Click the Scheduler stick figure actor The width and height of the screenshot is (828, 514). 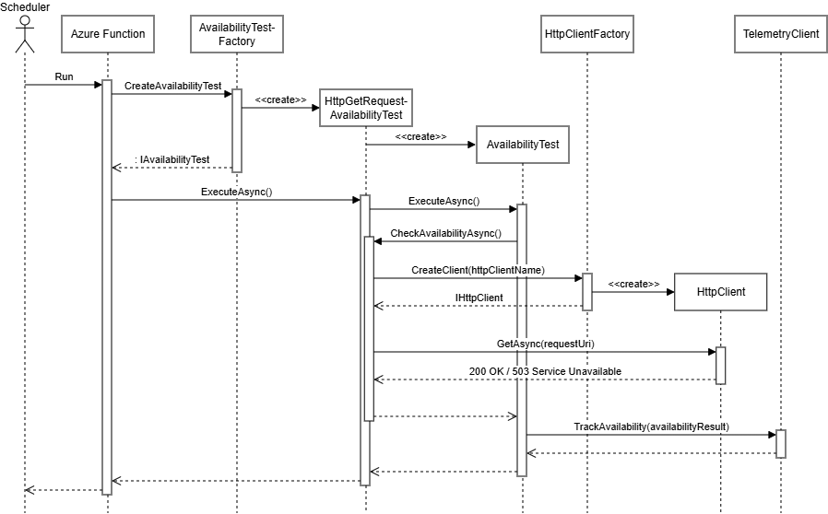(25, 34)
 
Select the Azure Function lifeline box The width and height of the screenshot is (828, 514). (108, 34)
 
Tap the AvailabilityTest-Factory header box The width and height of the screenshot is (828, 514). (237, 34)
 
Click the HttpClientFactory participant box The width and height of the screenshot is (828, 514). (587, 34)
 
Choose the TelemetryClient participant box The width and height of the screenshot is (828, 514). (781, 34)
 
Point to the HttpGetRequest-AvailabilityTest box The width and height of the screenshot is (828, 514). (366, 108)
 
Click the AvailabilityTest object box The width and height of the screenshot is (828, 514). (522, 145)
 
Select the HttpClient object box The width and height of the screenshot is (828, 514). (720, 292)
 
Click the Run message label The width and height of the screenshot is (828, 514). (64, 76)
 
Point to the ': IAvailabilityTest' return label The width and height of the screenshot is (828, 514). (172, 159)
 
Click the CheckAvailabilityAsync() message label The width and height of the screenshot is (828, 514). (445, 233)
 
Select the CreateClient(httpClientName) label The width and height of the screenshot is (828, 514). (478, 269)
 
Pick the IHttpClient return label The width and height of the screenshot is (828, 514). (479, 298)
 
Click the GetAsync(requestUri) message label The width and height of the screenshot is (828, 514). (545, 344)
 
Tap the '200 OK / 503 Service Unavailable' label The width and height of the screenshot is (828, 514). (544, 371)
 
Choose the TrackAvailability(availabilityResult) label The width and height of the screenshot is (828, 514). (651, 426)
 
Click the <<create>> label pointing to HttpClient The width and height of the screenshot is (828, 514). (633, 284)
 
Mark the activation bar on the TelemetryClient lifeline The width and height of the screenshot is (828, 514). (780, 443)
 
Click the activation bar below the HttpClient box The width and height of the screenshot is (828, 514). (720, 365)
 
